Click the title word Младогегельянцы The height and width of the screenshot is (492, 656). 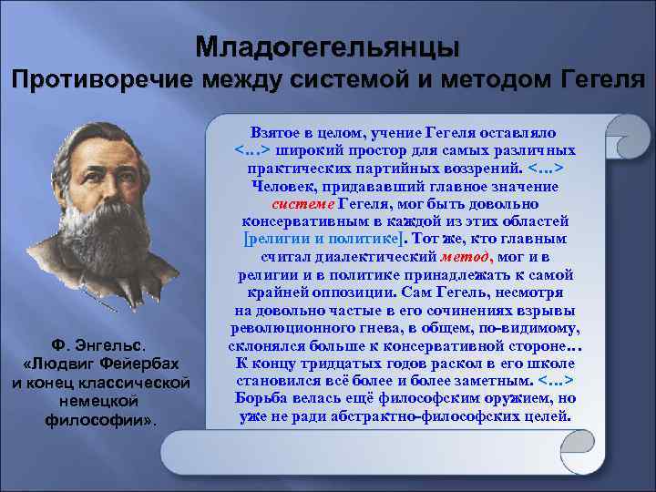(328, 45)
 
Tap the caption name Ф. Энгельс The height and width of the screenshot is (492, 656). (100, 345)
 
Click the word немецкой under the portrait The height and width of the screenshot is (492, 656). (100, 398)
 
